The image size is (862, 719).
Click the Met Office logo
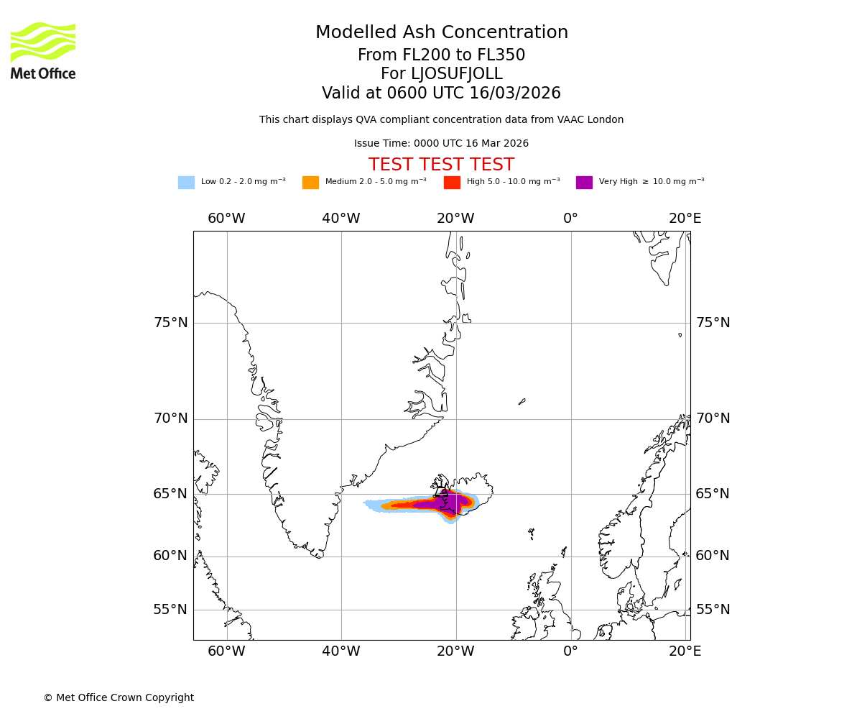click(43, 50)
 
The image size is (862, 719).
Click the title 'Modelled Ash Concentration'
click(441, 33)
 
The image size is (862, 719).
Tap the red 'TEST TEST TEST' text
click(441, 165)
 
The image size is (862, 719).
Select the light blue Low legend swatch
click(186, 183)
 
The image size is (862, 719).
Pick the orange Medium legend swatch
click(310, 183)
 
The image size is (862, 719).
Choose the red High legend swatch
click(452, 183)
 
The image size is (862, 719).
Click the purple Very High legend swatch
click(584, 183)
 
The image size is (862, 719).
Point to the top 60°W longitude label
click(226, 219)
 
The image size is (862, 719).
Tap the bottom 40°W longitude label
click(341, 651)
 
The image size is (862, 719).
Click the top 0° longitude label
click(570, 219)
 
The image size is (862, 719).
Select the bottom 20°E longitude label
click(685, 651)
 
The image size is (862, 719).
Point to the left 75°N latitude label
click(171, 323)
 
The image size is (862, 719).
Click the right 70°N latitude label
click(713, 418)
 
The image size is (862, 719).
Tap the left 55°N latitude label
click(171, 610)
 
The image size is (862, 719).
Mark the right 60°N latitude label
click(713, 556)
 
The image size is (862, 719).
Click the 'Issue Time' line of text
click(441, 144)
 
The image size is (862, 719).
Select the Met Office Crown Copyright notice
click(119, 698)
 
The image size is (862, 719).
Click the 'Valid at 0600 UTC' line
click(441, 93)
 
